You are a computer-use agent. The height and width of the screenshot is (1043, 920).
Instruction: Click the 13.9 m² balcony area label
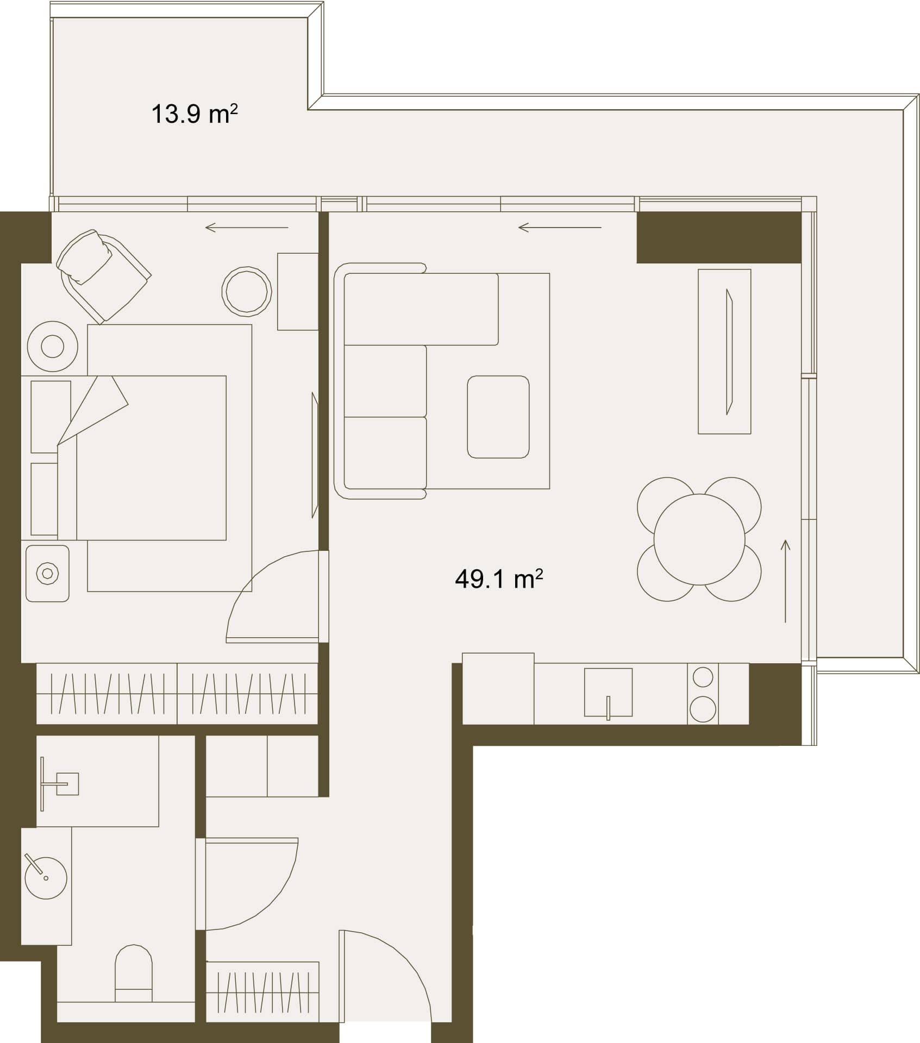pyautogui.click(x=194, y=114)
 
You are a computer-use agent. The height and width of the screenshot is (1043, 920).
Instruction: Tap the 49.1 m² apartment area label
pyautogui.click(x=499, y=579)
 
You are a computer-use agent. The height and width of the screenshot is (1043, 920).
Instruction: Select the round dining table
pyautogui.click(x=699, y=539)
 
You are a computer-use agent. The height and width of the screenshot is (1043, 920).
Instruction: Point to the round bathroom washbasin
pyautogui.click(x=46, y=878)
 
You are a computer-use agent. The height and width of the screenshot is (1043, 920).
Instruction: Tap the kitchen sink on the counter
pyautogui.click(x=608, y=692)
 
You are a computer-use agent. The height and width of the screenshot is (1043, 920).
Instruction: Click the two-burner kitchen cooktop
pyautogui.click(x=703, y=694)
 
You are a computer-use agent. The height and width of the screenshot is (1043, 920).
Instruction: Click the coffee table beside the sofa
pyautogui.click(x=498, y=417)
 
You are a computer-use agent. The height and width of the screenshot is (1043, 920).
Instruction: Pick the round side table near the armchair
pyautogui.click(x=247, y=292)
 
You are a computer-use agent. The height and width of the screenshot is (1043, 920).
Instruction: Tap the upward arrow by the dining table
pyautogui.click(x=785, y=581)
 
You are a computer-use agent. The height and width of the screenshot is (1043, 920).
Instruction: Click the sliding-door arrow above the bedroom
pyautogui.click(x=247, y=228)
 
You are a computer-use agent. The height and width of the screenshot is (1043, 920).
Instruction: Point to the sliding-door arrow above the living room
pyautogui.click(x=560, y=227)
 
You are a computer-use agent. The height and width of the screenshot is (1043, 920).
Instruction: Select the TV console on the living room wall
pyautogui.click(x=724, y=351)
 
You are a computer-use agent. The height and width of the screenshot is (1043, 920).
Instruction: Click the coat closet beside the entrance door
pyautogui.click(x=262, y=992)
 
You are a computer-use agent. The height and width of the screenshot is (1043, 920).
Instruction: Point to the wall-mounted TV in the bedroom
pyautogui.click(x=315, y=455)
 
